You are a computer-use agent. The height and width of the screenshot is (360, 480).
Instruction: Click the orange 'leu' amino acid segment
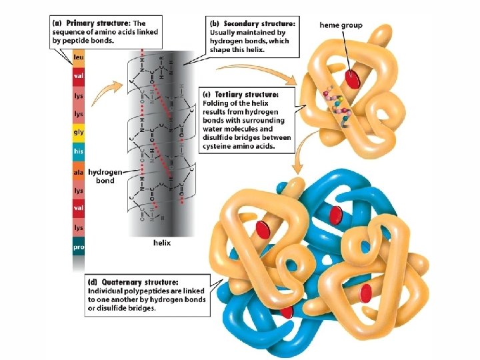tap(79, 58)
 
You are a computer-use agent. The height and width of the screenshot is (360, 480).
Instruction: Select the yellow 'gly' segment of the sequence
tap(79, 133)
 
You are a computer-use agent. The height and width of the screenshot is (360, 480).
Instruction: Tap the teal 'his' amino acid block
tap(79, 152)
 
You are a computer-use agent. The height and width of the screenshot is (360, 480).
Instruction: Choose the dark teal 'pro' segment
tap(79, 247)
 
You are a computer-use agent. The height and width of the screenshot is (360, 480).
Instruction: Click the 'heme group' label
tap(341, 25)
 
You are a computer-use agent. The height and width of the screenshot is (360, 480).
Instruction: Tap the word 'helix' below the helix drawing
tap(161, 243)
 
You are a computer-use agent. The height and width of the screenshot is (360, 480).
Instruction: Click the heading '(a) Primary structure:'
tap(91, 23)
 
